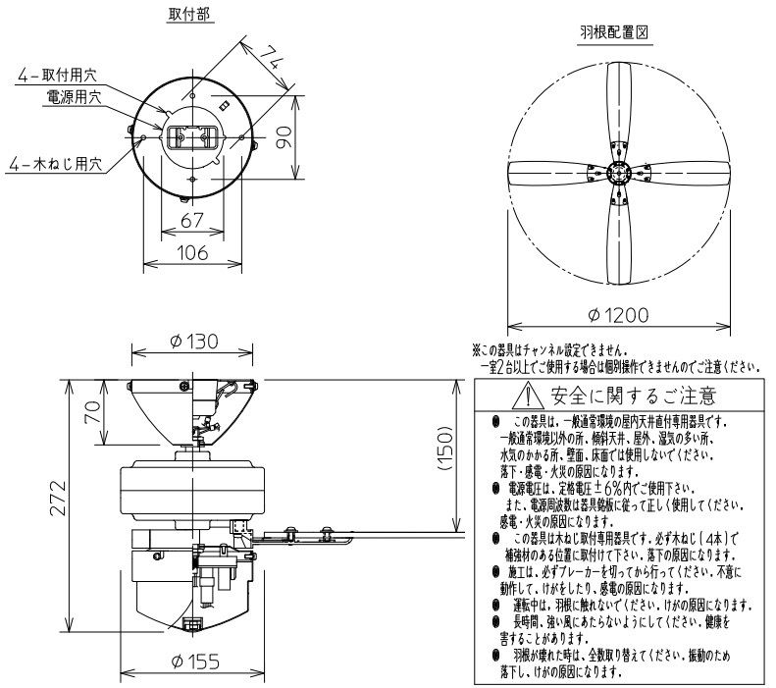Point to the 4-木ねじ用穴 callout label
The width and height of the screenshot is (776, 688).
tap(54, 164)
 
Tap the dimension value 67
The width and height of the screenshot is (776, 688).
tap(192, 218)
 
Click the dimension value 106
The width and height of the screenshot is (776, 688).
tap(192, 252)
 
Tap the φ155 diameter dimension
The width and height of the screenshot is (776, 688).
tap(192, 662)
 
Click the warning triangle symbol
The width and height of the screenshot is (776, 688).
tap(533, 397)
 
